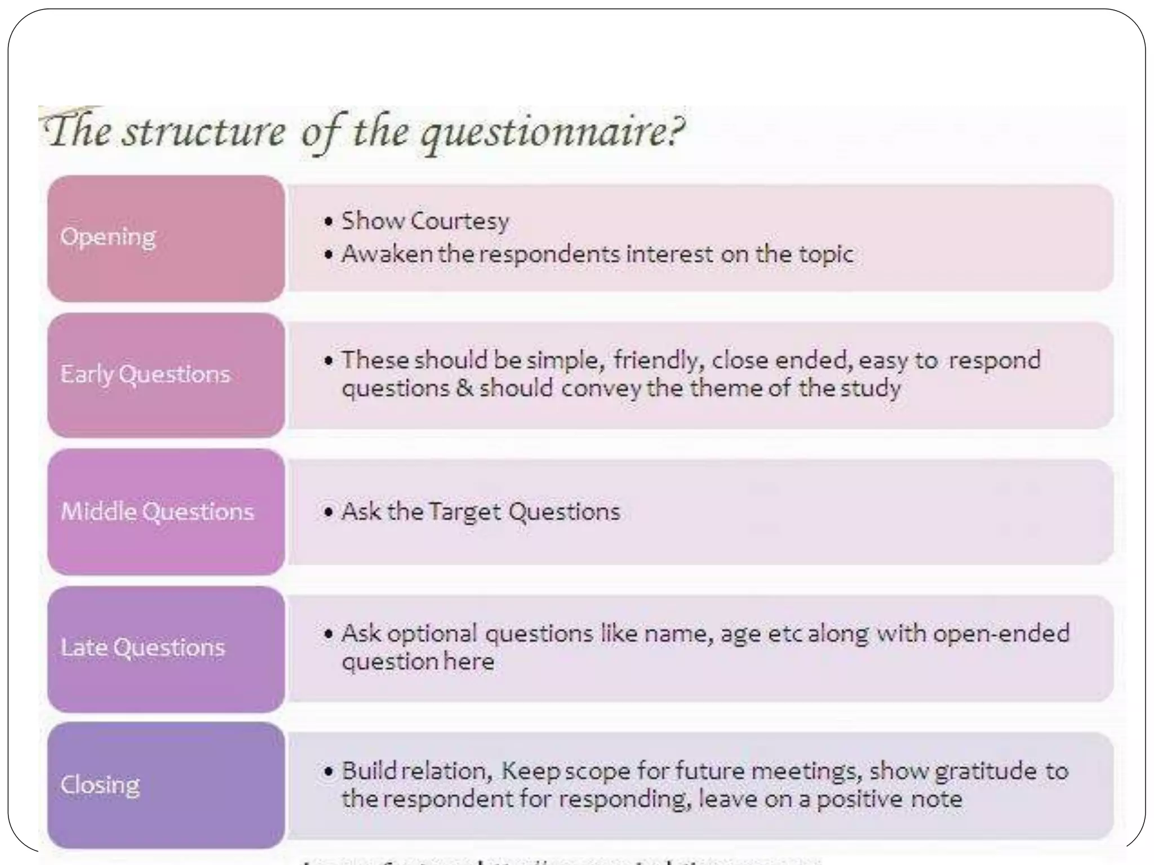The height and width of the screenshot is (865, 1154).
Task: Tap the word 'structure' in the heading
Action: (205, 133)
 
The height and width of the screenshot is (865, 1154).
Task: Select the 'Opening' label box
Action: (166, 238)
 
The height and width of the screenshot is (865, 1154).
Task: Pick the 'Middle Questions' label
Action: (157, 512)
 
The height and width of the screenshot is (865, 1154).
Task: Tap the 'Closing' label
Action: (100, 785)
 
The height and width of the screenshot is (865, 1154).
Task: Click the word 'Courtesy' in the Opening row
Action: (460, 221)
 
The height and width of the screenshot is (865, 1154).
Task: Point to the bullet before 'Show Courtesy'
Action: (329, 221)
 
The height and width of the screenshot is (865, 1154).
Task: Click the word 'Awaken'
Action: (387, 255)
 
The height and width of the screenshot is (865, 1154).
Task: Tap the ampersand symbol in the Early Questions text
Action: (465, 389)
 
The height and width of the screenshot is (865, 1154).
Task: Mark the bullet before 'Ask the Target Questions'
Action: (329, 512)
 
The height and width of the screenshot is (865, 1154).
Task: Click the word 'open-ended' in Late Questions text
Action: (1001, 634)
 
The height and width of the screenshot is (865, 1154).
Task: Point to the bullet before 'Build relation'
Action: (329, 772)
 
